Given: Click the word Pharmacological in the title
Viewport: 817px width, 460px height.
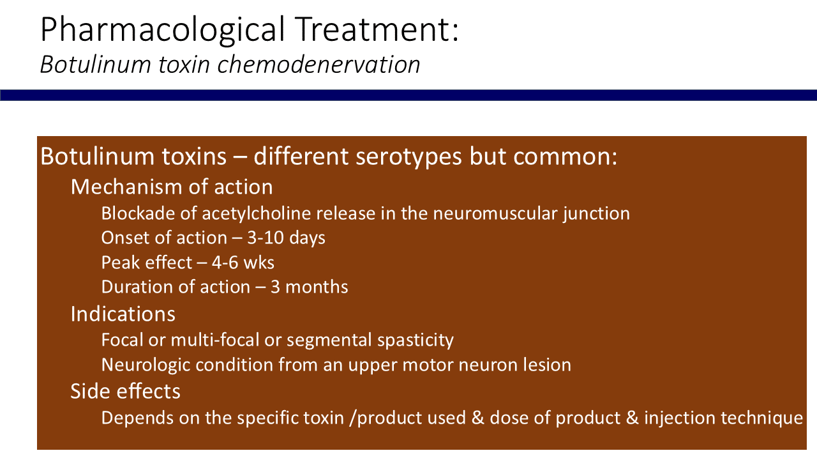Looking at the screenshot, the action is pos(162,29).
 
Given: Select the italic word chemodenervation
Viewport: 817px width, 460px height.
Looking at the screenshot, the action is pos(319,65).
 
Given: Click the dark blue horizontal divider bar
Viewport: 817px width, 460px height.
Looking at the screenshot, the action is pos(408,95).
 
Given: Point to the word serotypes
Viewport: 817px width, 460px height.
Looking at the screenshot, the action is pos(409,157).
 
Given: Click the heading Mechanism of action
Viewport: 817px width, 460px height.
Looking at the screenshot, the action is pos(172,187).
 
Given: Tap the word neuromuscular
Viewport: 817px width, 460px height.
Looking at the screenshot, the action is pos(495,213).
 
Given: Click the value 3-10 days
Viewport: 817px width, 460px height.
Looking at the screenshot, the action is pos(286,238).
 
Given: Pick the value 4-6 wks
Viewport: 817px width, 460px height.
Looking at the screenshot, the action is pos(243,263).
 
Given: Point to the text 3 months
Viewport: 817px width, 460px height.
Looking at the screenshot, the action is pos(310,287).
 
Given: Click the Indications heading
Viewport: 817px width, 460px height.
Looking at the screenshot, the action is pos(123,314).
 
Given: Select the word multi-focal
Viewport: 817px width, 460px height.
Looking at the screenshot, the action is pos(215,339).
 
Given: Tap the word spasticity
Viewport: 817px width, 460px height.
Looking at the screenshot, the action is pos(416,341).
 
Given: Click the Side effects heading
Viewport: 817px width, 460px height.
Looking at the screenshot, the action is pos(126,392).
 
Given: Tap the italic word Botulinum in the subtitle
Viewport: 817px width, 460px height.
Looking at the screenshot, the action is pos(96,65).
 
